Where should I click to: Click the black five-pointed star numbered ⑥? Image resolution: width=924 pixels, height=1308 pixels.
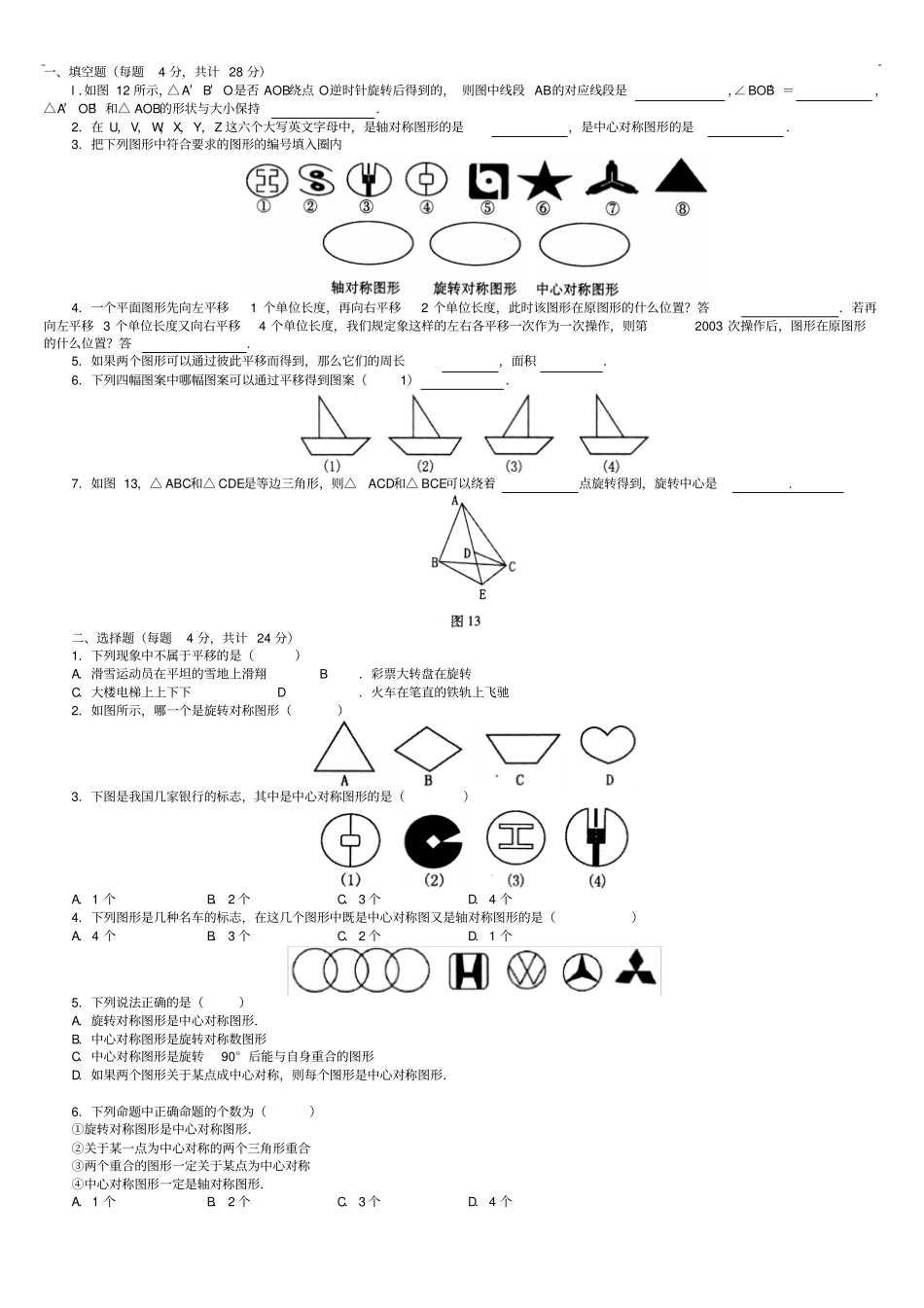[544, 181]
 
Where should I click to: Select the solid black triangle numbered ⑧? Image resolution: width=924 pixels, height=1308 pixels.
[680, 177]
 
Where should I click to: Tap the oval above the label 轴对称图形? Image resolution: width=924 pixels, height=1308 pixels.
[366, 245]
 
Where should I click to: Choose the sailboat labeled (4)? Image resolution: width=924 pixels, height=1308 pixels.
[612, 428]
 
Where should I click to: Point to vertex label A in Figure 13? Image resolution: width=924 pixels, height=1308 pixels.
[454, 502]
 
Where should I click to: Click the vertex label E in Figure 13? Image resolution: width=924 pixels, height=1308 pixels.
[482, 594]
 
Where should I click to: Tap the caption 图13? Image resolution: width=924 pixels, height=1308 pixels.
[466, 620]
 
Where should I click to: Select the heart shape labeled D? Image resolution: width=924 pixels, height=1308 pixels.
[608, 746]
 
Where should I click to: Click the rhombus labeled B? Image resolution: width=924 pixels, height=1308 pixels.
[427, 748]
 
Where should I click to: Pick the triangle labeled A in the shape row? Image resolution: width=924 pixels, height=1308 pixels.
[343, 748]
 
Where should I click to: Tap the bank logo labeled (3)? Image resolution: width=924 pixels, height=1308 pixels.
[515, 839]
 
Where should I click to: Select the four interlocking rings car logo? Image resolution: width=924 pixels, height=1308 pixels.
[361, 970]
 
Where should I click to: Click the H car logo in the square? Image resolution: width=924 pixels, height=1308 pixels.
[469, 971]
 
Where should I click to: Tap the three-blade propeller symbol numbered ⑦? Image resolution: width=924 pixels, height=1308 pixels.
[612, 180]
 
